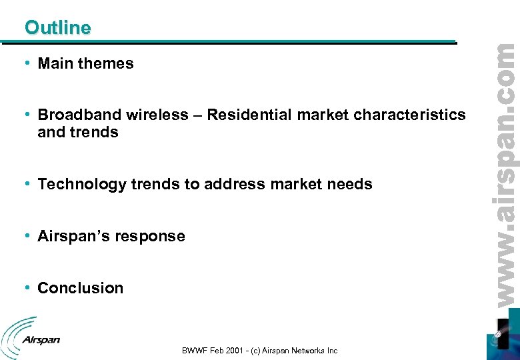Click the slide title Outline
pyautogui.click(x=57, y=28)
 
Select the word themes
pyautogui.click(x=106, y=64)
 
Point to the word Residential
pyautogui.click(x=249, y=115)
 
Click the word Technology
pyautogui.click(x=81, y=185)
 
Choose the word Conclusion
pyautogui.click(x=81, y=289)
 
